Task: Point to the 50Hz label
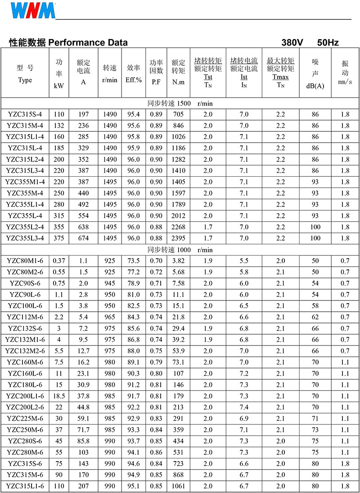pyautogui.click(x=328, y=43)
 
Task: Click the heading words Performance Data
pyautogui.click(x=88, y=43)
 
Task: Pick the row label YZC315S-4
pyautogui.click(x=25, y=114)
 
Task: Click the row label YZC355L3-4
pyautogui.click(x=25, y=238)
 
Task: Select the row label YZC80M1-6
pyautogui.click(x=25, y=261)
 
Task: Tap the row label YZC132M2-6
pyautogui.click(x=25, y=351)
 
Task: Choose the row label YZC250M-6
pyautogui.click(x=25, y=430)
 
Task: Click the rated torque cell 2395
pyautogui.click(x=178, y=238)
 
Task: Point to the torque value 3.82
pyautogui.click(x=178, y=261)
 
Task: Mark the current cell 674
pyautogui.click(x=84, y=238)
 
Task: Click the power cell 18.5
pyautogui.click(x=59, y=396)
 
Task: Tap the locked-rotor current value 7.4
pyautogui.click(x=244, y=407)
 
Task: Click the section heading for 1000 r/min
pyautogui.click(x=180, y=250)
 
